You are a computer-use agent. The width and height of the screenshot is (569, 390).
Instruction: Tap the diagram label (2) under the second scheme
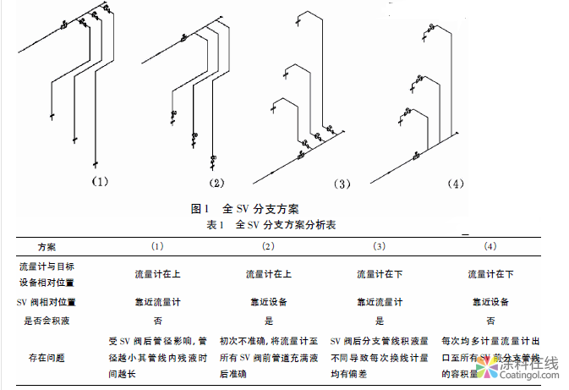tap(217, 182)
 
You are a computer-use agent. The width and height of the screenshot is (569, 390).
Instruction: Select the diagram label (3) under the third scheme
tap(342, 183)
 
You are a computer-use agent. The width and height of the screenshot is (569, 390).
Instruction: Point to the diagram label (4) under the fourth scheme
tap(456, 184)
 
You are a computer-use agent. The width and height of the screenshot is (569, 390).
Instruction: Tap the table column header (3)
tap(380, 247)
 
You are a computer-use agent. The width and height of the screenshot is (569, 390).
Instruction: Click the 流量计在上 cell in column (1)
tap(157, 274)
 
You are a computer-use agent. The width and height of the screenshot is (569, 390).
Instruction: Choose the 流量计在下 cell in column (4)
tap(490, 274)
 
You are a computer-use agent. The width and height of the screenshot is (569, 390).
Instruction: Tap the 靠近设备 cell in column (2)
tap(269, 302)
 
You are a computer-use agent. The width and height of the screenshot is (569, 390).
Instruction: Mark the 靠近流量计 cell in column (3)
tap(380, 302)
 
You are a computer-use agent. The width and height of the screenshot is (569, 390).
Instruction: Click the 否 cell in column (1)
tap(157, 321)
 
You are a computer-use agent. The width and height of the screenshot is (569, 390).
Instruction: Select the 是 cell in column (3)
tap(380, 321)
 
